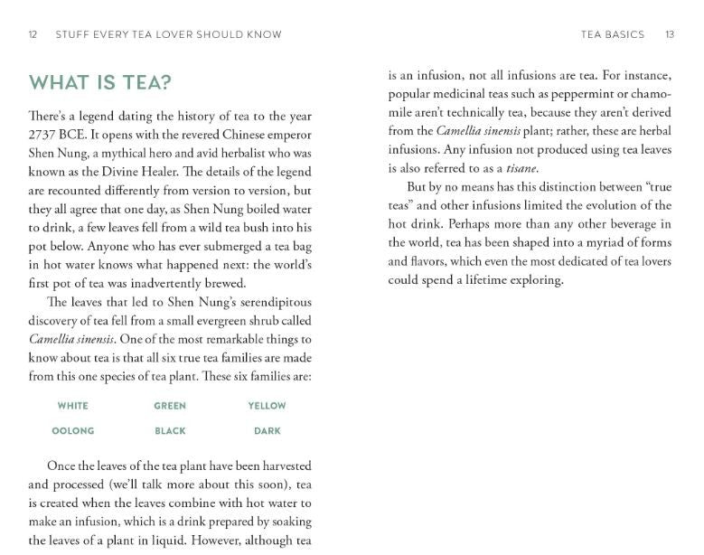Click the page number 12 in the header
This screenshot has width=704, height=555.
click(33, 34)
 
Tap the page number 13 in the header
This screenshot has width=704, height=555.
click(670, 34)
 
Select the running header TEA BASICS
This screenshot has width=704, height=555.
click(613, 34)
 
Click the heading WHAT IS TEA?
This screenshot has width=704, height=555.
click(100, 83)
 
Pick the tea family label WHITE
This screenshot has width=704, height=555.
click(72, 406)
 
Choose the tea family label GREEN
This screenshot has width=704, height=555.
click(170, 406)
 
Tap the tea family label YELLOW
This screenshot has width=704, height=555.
click(267, 406)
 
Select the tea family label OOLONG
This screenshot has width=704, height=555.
click(72, 431)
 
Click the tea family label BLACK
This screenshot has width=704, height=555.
click(170, 431)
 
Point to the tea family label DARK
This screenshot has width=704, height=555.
click(268, 431)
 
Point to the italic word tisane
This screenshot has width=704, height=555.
click(521, 168)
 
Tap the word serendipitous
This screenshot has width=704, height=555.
click(267, 302)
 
